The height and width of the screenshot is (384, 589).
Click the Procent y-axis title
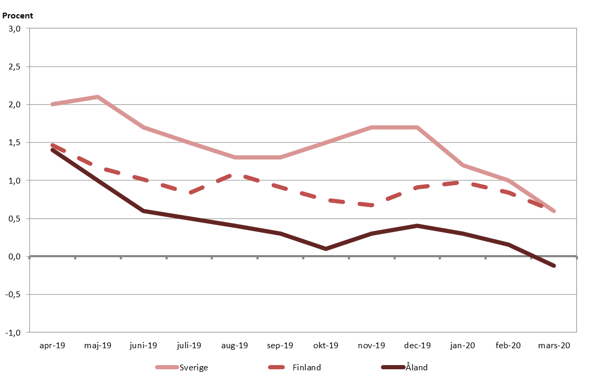coord(17,16)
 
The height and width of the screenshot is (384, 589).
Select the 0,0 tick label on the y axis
coord(14,257)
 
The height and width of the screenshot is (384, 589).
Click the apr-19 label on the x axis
coord(52,346)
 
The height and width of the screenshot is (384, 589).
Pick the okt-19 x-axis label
coord(326,346)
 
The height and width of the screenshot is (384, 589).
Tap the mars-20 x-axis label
coord(554,346)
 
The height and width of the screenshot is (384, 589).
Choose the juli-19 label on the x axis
coord(189,346)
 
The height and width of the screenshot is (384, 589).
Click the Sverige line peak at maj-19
coord(98,97)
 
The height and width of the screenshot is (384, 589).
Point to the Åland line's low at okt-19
coord(326,249)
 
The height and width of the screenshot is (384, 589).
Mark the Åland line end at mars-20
coord(554,266)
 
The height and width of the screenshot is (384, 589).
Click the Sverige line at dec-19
coord(417,127)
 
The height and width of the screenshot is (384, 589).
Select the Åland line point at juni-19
coord(143,211)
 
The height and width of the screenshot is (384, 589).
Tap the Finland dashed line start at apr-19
coord(53,145)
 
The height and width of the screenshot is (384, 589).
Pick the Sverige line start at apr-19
coord(53,104)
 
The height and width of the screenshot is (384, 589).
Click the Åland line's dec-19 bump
coord(417,226)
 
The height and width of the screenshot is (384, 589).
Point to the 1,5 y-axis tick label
coord(14,143)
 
